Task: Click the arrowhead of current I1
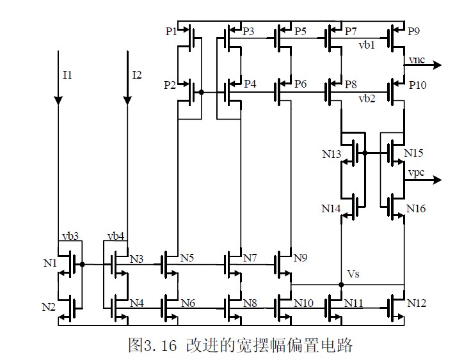(x=58, y=98)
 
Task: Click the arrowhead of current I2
(x=127, y=98)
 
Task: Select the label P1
(x=170, y=31)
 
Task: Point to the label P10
(x=417, y=86)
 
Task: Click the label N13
(x=331, y=153)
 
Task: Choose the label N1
(x=51, y=262)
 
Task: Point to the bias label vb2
(x=367, y=99)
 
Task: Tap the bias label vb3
(x=70, y=236)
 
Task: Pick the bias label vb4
(x=116, y=236)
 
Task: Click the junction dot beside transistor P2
(x=201, y=92)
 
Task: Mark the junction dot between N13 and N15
(x=364, y=153)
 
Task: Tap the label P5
(x=300, y=31)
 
